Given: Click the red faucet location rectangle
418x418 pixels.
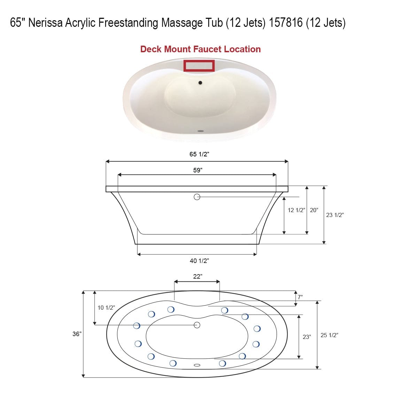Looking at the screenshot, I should [x=199, y=65].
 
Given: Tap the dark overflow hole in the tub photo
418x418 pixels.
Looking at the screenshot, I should [x=200, y=83].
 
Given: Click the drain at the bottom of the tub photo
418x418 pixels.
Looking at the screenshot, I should [x=200, y=131].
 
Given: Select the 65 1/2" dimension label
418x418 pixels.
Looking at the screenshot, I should [x=199, y=154].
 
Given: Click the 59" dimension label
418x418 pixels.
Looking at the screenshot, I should [x=198, y=170].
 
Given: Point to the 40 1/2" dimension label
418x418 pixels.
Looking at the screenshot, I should [x=199, y=261].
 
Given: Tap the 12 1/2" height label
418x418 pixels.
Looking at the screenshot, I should [x=296, y=210].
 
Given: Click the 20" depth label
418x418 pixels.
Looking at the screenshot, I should [x=314, y=210].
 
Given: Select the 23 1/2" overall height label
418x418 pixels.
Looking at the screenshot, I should [x=335, y=215].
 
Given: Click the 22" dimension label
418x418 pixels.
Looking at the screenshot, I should [x=197, y=276].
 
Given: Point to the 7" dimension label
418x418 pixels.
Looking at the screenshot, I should [x=300, y=297].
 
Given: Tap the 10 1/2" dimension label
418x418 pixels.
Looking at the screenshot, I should [x=106, y=308].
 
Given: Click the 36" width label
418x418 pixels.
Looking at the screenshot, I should [x=77, y=334].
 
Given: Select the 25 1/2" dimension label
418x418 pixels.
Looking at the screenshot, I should [x=329, y=335].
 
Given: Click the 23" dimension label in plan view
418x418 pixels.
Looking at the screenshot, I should [x=307, y=337].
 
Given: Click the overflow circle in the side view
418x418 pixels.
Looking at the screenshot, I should [x=197, y=197].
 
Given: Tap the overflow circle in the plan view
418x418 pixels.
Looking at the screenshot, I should [x=197, y=325].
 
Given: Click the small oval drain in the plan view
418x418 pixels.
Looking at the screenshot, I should [x=197, y=365].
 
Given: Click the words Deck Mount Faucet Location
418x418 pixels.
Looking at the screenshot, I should [x=200, y=49].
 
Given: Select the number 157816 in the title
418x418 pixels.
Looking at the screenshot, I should [x=286, y=23].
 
